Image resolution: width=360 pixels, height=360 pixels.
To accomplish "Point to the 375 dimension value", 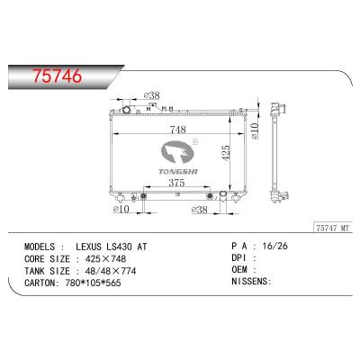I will (179, 184).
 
